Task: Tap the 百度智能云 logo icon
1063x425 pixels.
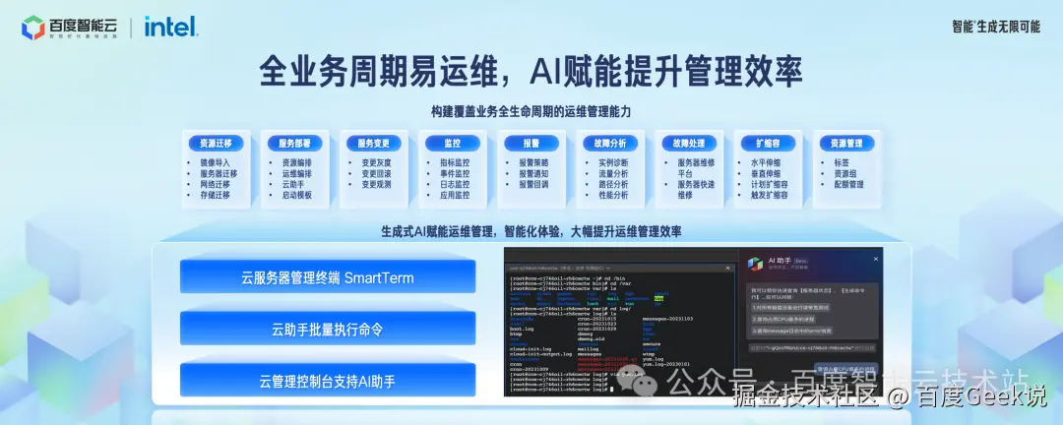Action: pos(33,28)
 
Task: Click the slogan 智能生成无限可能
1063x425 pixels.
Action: pos(995,27)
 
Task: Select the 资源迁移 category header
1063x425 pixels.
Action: pos(215,143)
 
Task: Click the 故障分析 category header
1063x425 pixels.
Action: pos(610,143)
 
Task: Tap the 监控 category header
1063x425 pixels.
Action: pos(452,143)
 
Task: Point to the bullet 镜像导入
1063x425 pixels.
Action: pos(214,163)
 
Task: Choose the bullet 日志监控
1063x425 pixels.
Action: pos(454,184)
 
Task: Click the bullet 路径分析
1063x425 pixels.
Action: pos(612,184)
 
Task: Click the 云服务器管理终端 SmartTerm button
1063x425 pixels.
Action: pos(328,277)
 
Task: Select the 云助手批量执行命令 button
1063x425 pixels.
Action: pos(328,329)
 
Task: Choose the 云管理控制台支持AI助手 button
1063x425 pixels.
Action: pos(328,380)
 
